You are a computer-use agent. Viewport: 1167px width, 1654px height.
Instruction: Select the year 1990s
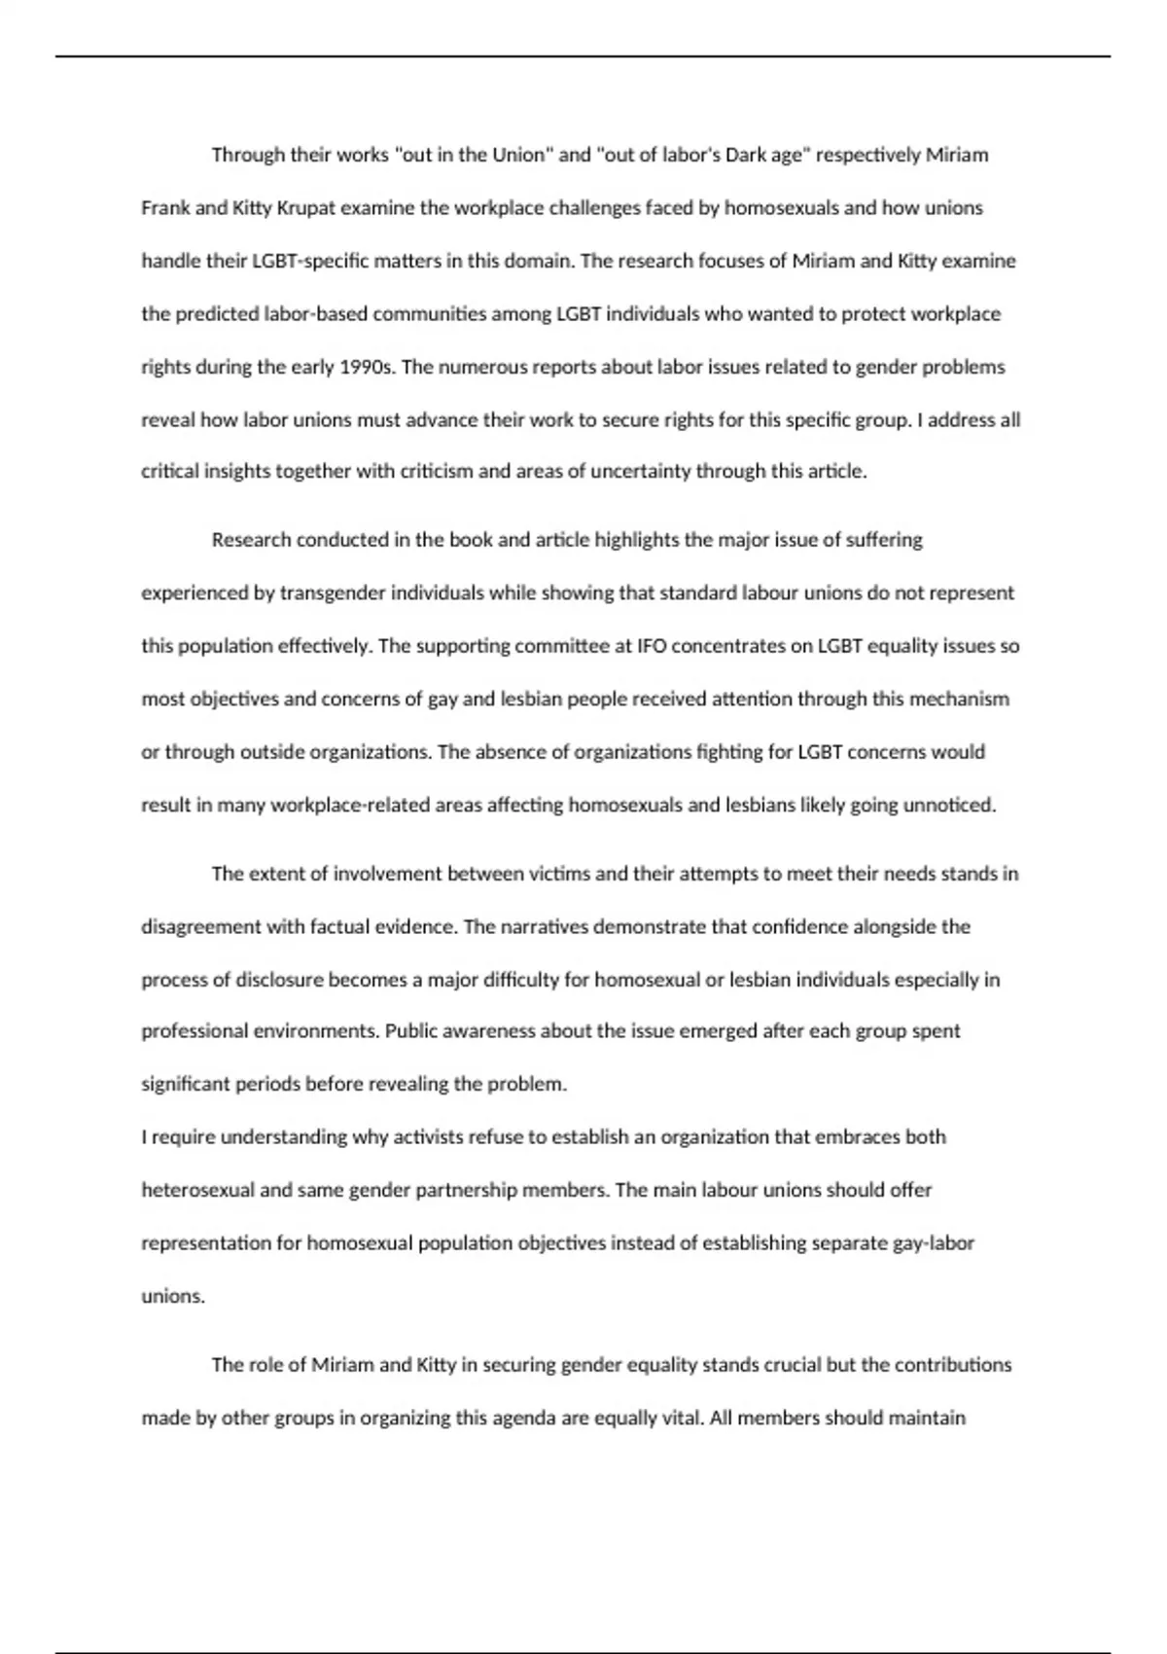[367, 368]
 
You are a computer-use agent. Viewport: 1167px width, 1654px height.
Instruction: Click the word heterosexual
[197, 1190]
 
